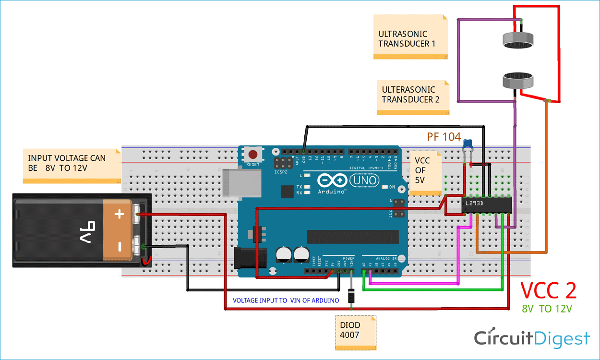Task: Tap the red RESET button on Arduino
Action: pyautogui.click(x=252, y=155)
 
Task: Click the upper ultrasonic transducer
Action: pyautogui.click(x=519, y=41)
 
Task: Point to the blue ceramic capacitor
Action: pyautogui.click(x=468, y=144)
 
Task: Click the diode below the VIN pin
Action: pyautogui.click(x=352, y=298)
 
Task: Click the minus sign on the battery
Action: pyautogui.click(x=119, y=246)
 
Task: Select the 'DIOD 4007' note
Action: pyautogui.click(x=355, y=331)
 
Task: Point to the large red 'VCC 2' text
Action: pyautogui.click(x=548, y=291)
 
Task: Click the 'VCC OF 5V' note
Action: pyautogui.click(x=424, y=172)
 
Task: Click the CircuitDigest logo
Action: pyautogui.click(x=532, y=338)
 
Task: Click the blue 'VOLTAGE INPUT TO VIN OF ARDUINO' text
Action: pyautogui.click(x=286, y=300)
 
